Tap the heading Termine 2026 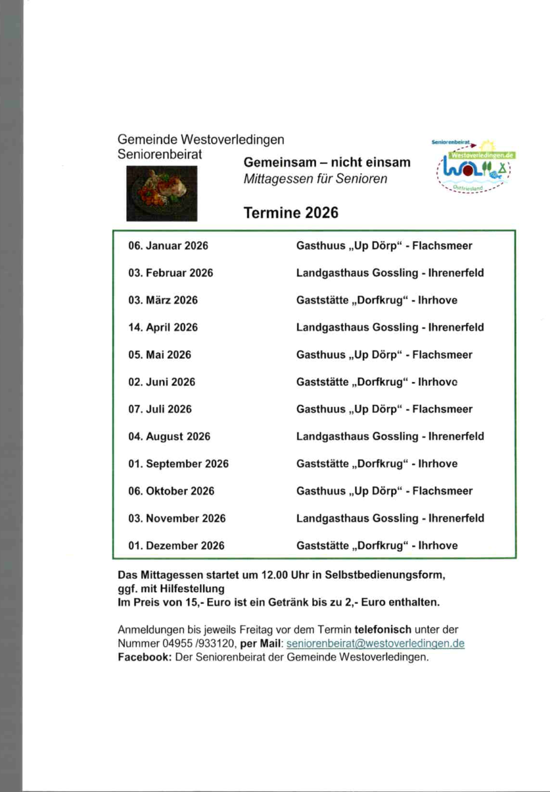290,213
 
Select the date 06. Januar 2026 168,245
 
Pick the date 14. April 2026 163,327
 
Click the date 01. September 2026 178,464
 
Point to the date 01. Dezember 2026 176,546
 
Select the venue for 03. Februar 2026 390,273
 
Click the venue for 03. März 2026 377,300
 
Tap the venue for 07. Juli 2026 384,409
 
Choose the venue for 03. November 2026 390,518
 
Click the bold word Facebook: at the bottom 145,657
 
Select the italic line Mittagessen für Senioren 315,179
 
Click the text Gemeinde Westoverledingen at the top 201,140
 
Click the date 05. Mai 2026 160,354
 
